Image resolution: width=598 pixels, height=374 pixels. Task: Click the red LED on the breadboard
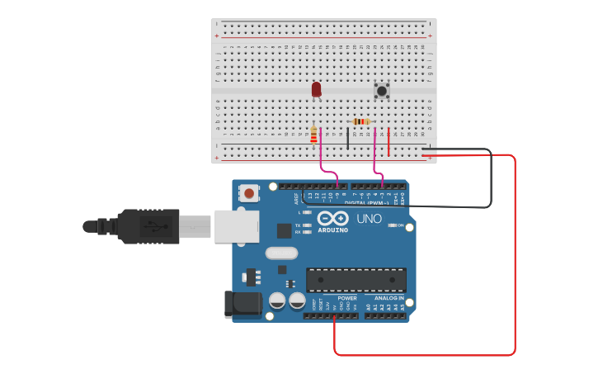tap(316, 88)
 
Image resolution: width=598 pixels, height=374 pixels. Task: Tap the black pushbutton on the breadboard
tap(381, 90)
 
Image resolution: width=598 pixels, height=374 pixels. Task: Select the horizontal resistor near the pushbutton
tap(360, 121)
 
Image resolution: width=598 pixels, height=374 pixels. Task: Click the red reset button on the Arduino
tap(248, 194)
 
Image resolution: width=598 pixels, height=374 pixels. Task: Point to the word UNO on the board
tap(369, 219)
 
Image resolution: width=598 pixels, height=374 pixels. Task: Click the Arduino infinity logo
tap(333, 219)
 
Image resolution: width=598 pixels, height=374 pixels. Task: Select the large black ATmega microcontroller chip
tap(356, 279)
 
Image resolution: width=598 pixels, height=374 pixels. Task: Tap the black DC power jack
tap(242, 304)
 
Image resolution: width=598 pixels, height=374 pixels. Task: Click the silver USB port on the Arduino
tap(236, 225)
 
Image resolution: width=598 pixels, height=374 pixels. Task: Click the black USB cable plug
tap(148, 225)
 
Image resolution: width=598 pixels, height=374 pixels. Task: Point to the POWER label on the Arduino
tap(347, 298)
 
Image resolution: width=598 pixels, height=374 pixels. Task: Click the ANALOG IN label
tap(389, 298)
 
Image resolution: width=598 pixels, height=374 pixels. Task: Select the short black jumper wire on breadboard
tap(347, 138)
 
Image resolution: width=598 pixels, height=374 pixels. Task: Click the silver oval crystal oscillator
tap(281, 253)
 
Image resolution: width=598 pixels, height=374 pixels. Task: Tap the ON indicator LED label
tap(400, 225)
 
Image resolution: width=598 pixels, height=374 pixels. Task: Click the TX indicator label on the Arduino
tap(298, 225)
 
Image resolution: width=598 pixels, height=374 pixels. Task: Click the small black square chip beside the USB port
tap(284, 231)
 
